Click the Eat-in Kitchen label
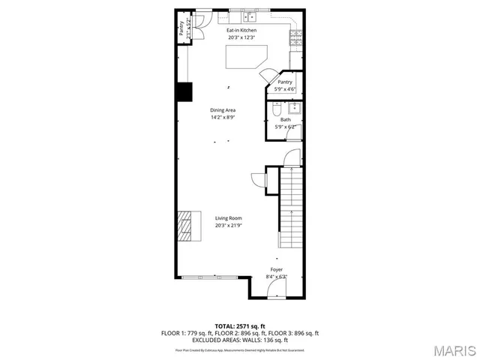point(241,31)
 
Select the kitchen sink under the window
point(250,16)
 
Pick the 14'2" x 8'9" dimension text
point(223,117)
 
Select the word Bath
point(286,119)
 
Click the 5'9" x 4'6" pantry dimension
point(285,89)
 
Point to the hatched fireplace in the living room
point(184,225)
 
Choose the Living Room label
point(228,218)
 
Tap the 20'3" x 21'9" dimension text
point(228,225)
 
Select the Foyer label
point(277,269)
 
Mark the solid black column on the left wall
point(184,91)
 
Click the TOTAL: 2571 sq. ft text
point(240,326)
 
